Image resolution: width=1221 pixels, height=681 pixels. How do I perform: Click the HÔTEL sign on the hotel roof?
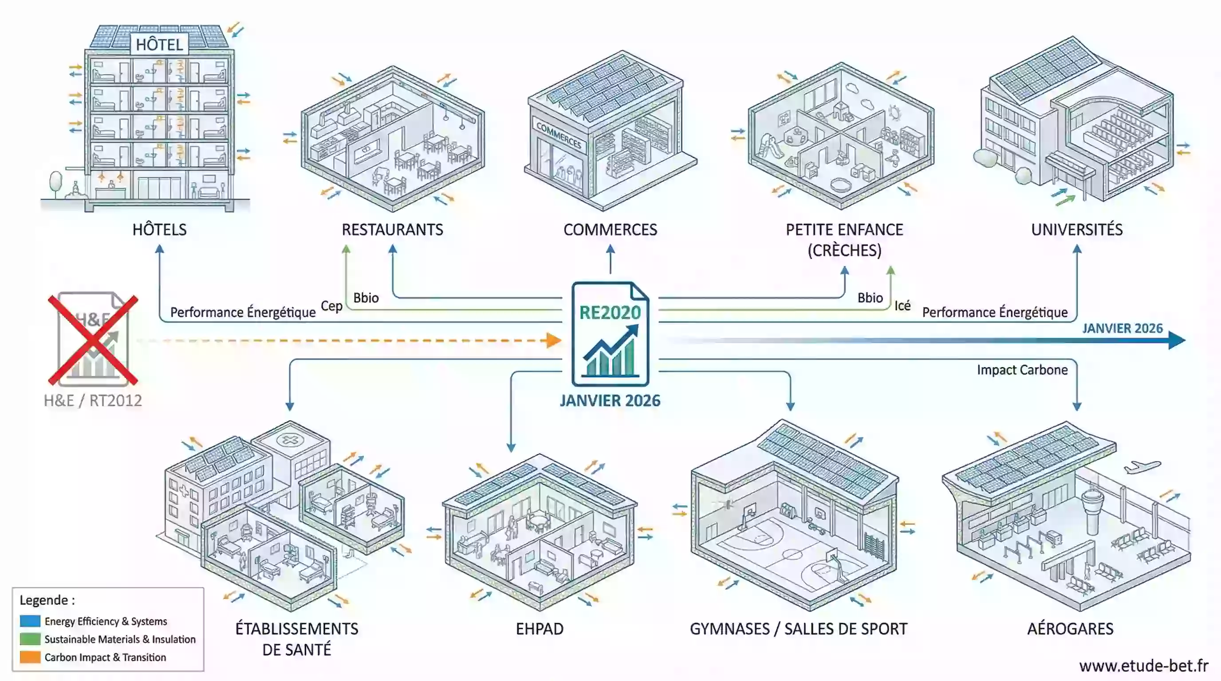click(x=159, y=44)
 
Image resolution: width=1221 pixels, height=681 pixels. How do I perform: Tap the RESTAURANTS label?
click(x=393, y=230)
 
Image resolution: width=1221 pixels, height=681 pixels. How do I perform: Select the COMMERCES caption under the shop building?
click(x=610, y=230)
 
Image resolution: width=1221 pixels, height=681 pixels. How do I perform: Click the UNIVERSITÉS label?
click(x=1077, y=230)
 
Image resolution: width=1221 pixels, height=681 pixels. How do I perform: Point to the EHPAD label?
click(x=540, y=629)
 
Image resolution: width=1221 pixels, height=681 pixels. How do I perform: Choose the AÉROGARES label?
click(x=1070, y=629)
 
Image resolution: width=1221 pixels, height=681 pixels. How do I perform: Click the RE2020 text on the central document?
click(x=610, y=313)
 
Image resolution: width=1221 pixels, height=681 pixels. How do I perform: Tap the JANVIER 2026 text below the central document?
click(x=610, y=401)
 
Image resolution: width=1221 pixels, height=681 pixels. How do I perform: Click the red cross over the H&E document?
click(x=93, y=340)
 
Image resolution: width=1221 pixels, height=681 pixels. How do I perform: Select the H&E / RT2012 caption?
click(x=93, y=401)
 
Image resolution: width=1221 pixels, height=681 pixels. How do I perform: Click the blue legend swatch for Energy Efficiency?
click(x=30, y=621)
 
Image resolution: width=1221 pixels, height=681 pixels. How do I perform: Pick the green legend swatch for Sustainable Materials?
click(x=30, y=639)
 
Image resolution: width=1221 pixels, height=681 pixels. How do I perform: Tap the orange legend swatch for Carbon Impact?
click(x=30, y=657)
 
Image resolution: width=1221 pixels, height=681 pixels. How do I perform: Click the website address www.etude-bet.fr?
click(x=1144, y=666)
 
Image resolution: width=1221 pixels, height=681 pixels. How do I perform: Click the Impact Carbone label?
click(x=1022, y=370)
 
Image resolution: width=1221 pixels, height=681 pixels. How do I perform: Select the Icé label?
click(x=902, y=306)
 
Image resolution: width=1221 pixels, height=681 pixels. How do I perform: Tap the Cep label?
click(x=332, y=306)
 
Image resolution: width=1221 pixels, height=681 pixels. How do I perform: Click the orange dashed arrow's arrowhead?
click(x=554, y=340)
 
